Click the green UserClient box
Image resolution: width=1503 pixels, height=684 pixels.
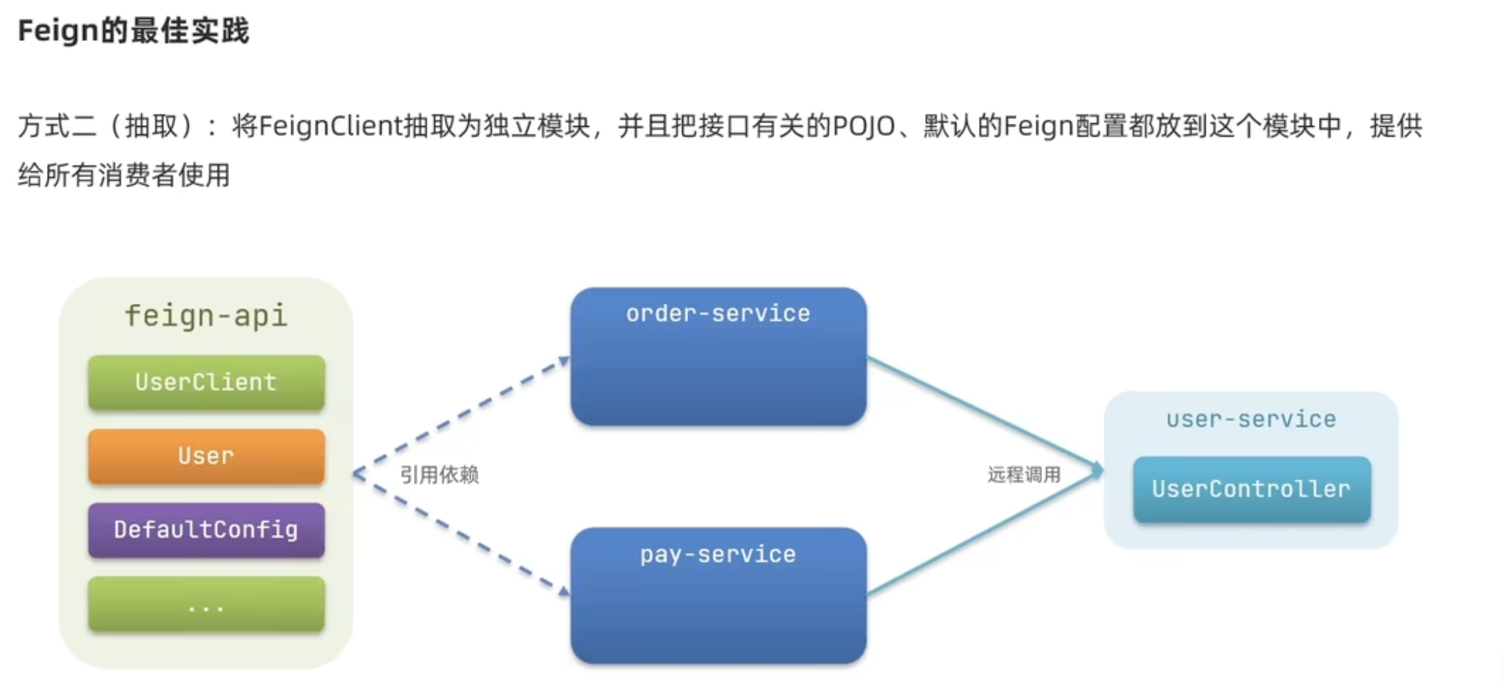pyautogui.click(x=206, y=383)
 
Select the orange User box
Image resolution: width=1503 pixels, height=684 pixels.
pyautogui.click(x=206, y=456)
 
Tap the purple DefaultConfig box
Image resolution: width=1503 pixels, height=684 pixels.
pyautogui.click(x=206, y=530)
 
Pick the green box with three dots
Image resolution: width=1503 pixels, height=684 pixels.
pyautogui.click(x=206, y=604)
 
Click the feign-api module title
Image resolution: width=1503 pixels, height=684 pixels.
pyautogui.click(x=206, y=316)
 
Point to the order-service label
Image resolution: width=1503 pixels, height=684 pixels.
pyautogui.click(x=718, y=314)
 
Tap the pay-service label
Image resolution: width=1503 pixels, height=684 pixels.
pyautogui.click(x=718, y=555)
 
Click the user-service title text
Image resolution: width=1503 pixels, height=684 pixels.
pyautogui.click(x=1250, y=420)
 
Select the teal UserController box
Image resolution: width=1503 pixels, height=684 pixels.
pyautogui.click(x=1251, y=489)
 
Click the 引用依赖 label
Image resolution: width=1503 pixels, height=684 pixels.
pyautogui.click(x=439, y=475)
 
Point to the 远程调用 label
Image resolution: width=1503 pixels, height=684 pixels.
pyautogui.click(x=1023, y=475)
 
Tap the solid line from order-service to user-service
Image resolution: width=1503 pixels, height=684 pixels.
pyautogui.click(x=983, y=413)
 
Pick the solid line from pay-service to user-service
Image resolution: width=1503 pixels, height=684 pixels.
pyautogui.click(x=983, y=533)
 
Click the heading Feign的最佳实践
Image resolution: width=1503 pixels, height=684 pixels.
pyautogui.click(x=134, y=31)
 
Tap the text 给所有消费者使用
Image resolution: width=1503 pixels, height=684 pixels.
pyautogui.click(x=124, y=175)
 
